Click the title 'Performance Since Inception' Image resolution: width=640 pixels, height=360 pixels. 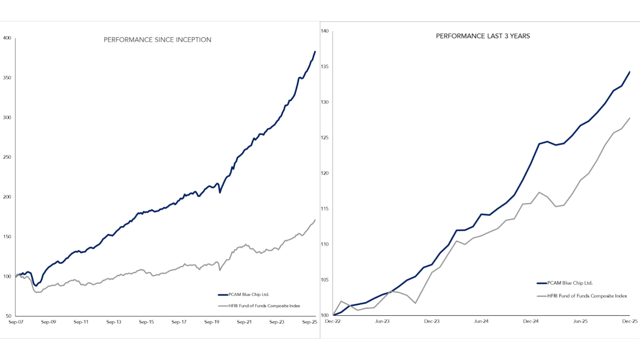[157, 39]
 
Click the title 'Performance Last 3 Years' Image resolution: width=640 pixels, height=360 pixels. [483, 36]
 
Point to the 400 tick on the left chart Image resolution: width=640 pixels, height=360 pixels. [7, 38]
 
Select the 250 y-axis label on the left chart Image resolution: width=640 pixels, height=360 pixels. [7, 157]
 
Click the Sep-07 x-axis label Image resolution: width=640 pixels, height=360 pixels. [15, 322]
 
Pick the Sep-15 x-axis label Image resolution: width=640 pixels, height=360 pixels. [147, 322]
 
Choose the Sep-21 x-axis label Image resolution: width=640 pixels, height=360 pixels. [245, 322]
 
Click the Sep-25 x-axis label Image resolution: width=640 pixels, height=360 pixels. [310, 322]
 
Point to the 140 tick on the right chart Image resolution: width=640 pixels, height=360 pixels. [324, 31]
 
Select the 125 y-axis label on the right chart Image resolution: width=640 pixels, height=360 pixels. [324, 138]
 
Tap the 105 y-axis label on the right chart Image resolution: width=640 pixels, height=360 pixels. [324, 280]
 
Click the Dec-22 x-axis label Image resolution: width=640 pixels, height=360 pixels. [333, 322]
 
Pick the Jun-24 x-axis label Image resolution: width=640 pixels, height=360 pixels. [482, 322]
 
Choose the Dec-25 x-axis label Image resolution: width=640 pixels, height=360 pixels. [630, 322]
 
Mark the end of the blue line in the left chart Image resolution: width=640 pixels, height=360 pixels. [315, 51]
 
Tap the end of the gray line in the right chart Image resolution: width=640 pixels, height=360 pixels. [630, 118]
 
